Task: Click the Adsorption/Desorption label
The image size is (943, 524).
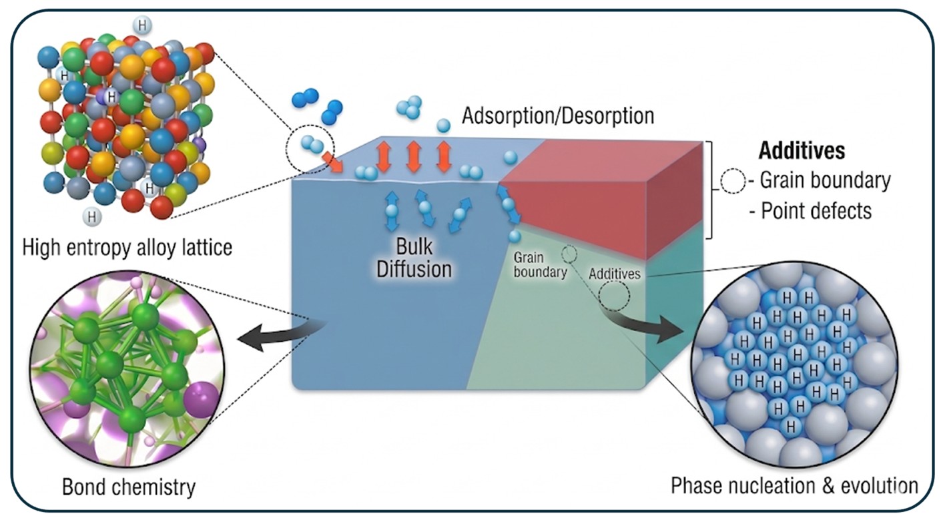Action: click(x=558, y=115)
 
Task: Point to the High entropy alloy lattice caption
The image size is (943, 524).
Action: click(x=127, y=248)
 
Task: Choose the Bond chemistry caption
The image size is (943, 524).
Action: click(x=129, y=487)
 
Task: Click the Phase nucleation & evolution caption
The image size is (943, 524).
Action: click(x=794, y=485)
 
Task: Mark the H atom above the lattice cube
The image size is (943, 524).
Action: click(x=141, y=25)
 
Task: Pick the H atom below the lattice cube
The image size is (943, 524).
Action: click(x=90, y=216)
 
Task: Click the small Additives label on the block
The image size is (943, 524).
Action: click(x=615, y=274)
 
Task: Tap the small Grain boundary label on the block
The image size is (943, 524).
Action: click(x=540, y=265)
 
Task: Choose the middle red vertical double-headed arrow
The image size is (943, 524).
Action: click(x=414, y=157)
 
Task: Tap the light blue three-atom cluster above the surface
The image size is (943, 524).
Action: click(x=409, y=106)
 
